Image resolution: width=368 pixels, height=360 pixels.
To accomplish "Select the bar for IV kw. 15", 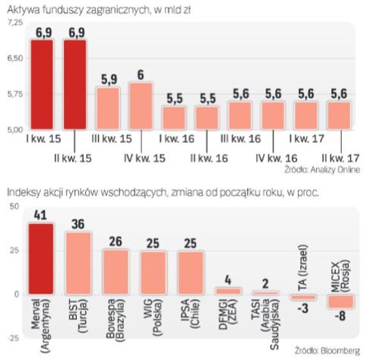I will click(141, 106).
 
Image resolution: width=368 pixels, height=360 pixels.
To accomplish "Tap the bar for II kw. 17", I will click(338, 115).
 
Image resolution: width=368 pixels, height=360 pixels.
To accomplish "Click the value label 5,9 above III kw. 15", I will click(108, 78).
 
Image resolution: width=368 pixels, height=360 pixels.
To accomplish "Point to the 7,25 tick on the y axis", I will click(14, 23).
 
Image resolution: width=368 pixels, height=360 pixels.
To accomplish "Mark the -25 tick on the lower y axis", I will click(12, 337).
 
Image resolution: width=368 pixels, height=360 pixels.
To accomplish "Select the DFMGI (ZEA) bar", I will click(228, 291).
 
